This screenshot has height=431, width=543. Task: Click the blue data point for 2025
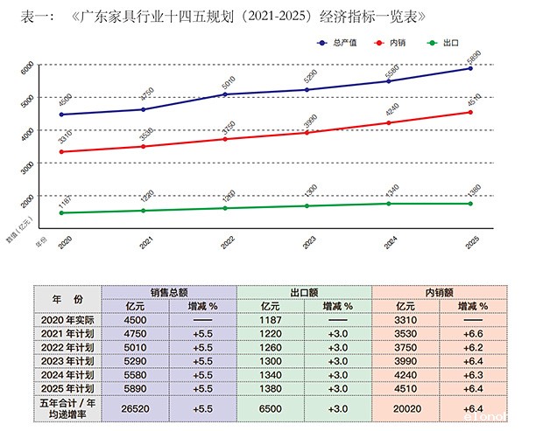coord(470,68)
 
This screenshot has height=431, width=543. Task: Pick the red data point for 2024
coord(389,122)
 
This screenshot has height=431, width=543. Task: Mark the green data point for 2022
coord(225,208)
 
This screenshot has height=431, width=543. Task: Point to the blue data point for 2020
coord(61,115)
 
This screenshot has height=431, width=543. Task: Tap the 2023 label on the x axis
coord(308,242)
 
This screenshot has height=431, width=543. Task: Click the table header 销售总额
coord(168,293)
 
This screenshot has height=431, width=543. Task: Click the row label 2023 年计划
coord(67,361)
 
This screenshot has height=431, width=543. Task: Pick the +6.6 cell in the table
coord(473,333)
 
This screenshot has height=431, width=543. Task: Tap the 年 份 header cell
coord(67,299)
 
